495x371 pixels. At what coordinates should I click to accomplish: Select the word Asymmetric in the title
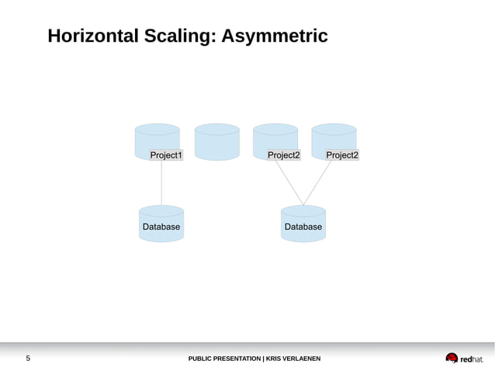click(275, 36)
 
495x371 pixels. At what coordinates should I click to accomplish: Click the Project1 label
click(166, 155)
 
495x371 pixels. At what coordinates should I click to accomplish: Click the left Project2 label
click(284, 155)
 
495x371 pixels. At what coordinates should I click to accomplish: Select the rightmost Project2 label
click(342, 155)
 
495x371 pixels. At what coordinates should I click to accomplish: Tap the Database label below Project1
click(161, 227)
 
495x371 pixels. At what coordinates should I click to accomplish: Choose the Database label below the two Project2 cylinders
click(303, 227)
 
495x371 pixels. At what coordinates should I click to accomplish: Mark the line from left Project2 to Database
click(289, 182)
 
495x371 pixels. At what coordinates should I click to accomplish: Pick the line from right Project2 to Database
click(318, 182)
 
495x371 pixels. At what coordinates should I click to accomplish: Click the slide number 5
click(28, 359)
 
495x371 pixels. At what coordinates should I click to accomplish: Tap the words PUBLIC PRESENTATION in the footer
click(224, 359)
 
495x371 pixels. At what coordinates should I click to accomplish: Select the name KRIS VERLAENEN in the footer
click(292, 359)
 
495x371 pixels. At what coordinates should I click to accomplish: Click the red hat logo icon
click(452, 358)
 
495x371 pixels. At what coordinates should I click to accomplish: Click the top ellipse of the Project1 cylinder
click(157, 129)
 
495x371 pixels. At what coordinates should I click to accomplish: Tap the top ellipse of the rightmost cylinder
click(334, 129)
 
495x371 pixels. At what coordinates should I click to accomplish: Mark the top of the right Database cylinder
click(303, 210)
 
